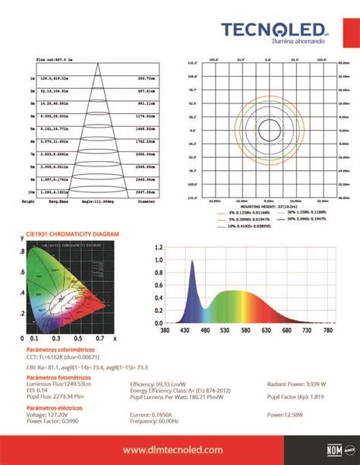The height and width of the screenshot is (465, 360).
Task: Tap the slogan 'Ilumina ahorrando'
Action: [x=283, y=43]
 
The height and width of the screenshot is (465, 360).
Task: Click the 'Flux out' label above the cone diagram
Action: [x=55, y=59]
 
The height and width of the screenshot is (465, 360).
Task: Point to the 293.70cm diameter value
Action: [x=147, y=78]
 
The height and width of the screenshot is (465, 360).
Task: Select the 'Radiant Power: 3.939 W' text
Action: [x=297, y=384]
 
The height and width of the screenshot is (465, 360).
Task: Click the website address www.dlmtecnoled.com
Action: [x=180, y=450]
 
